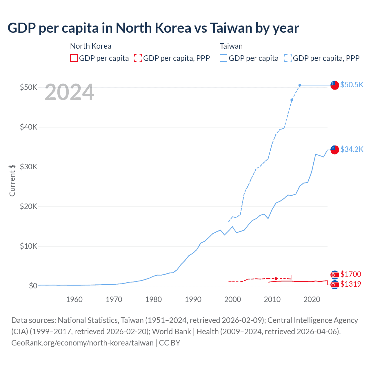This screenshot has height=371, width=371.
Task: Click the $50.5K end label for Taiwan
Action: [x=352, y=85]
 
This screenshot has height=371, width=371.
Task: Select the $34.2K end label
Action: [x=352, y=149]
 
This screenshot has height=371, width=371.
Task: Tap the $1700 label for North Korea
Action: [x=350, y=274]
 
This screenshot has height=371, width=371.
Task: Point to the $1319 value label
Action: [x=350, y=284]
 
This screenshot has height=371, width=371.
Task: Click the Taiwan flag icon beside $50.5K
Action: [x=335, y=85]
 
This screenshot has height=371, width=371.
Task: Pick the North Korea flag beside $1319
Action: [x=335, y=285]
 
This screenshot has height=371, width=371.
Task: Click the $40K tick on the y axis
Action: [x=28, y=127]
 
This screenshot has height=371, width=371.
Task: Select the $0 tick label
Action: [x=33, y=286]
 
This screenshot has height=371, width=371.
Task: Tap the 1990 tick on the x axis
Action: [x=193, y=299]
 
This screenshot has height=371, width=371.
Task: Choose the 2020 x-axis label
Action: [x=312, y=299]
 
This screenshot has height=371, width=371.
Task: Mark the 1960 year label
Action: [x=74, y=299]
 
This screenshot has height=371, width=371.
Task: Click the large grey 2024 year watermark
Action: [x=69, y=92]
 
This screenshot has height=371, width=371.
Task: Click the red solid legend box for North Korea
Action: [x=74, y=58]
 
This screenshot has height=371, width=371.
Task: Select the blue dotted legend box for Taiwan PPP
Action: [x=288, y=58]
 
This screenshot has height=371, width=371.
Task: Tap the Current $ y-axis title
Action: [x=12, y=180]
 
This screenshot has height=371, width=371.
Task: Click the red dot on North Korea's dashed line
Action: [x=276, y=279]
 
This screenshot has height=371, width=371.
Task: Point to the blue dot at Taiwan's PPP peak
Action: [x=300, y=85]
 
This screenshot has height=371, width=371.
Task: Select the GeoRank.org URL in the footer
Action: [x=82, y=343]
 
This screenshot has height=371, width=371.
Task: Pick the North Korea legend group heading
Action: [x=90, y=46]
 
